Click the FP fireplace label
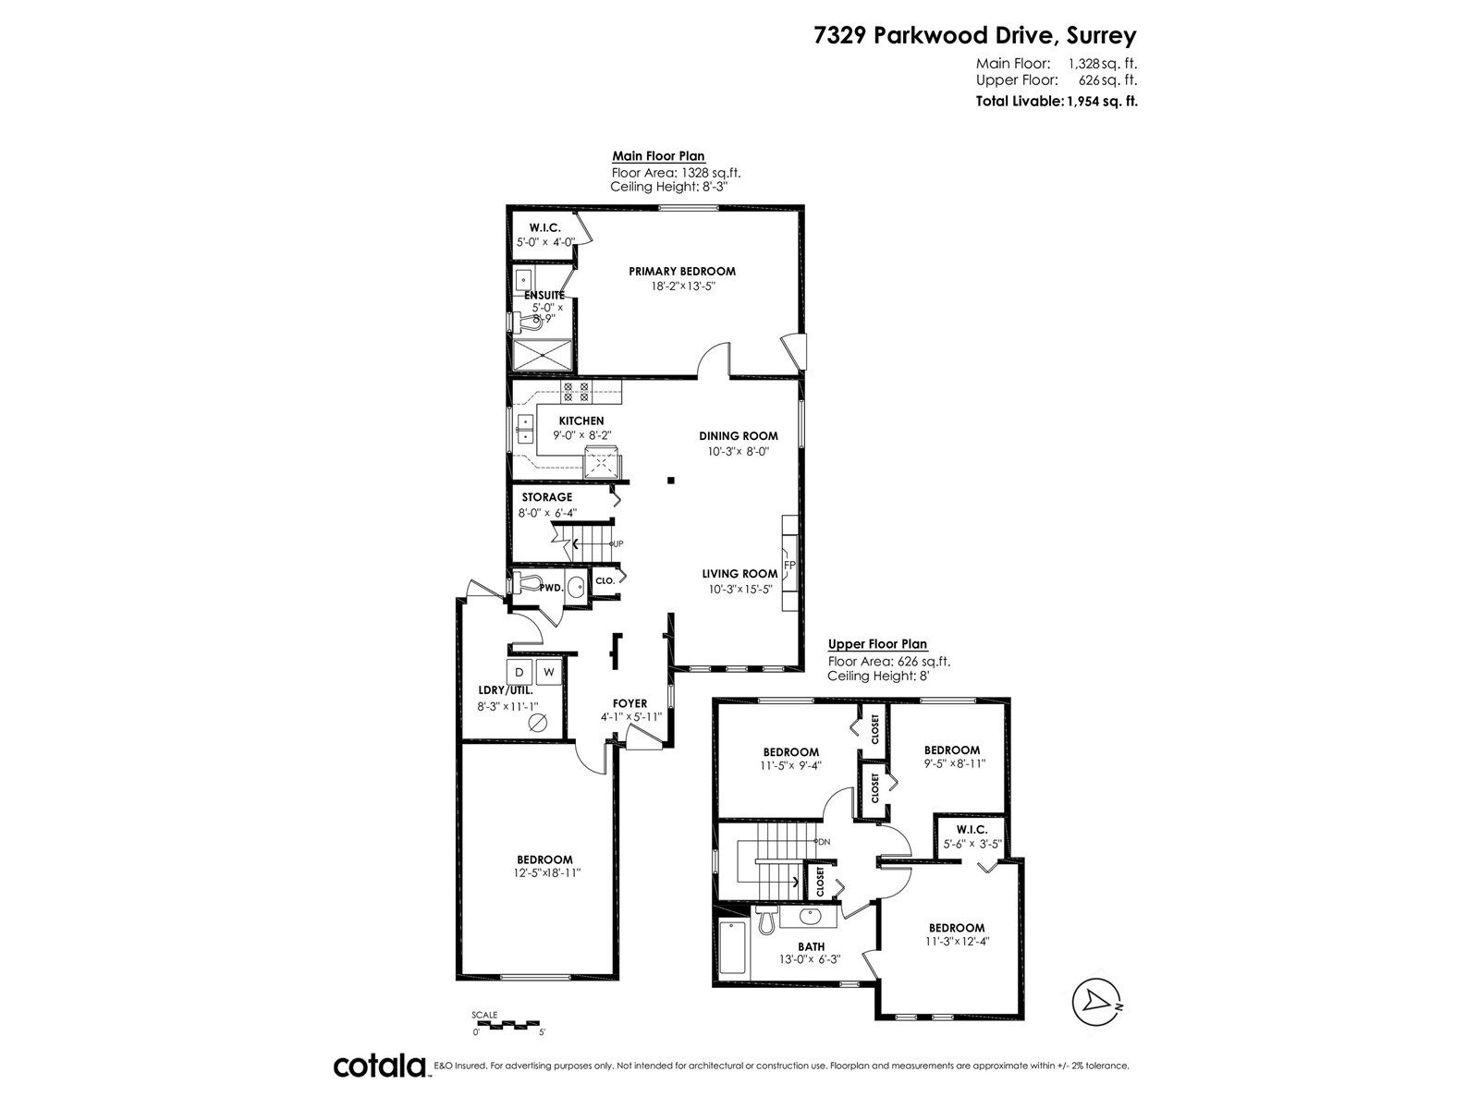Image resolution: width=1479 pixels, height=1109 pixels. click(789, 565)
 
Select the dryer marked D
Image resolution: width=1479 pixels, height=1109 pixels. click(519, 671)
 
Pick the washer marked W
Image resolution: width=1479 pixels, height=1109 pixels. click(549, 671)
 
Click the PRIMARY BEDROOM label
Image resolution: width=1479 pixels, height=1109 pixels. click(682, 272)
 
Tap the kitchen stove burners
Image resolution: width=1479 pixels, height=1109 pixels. click(576, 393)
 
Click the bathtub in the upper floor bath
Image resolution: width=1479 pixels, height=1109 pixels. click(733, 948)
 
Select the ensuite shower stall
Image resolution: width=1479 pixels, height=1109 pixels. click(543, 355)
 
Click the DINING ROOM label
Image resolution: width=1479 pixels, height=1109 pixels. click(739, 435)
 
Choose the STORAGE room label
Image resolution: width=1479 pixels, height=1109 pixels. click(547, 497)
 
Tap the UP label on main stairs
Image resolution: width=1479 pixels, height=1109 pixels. click(617, 543)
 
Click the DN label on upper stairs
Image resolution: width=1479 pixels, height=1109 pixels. click(824, 842)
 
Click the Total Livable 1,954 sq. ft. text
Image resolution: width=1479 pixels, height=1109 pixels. click(1057, 102)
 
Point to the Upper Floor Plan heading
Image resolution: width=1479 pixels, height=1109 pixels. click(877, 644)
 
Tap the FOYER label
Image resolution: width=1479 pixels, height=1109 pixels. click(630, 703)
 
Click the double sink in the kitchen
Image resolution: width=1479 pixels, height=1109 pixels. click(524, 430)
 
